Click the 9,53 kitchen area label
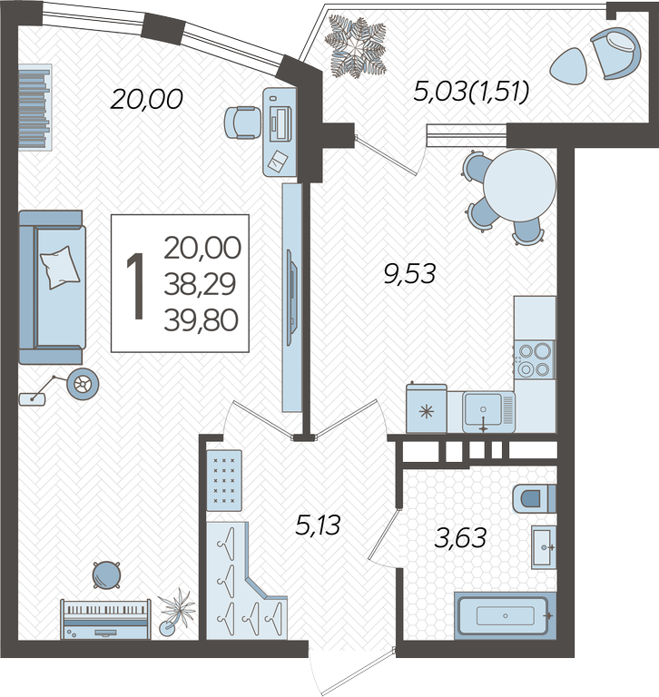click(409, 273)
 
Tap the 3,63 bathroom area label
click(460, 538)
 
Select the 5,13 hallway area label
click(318, 525)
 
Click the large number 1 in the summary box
click(136, 286)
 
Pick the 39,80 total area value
click(201, 320)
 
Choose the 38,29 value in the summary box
click(200, 284)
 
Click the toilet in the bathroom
click(534, 499)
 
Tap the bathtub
click(506, 615)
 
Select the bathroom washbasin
click(544, 546)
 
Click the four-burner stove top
click(535, 359)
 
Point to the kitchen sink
click(488, 412)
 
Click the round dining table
click(519, 185)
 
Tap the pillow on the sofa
click(60, 267)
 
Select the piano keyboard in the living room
click(106, 619)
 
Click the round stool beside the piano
click(107, 575)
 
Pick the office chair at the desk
click(242, 123)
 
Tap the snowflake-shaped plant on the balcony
click(355, 46)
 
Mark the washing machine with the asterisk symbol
click(427, 408)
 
